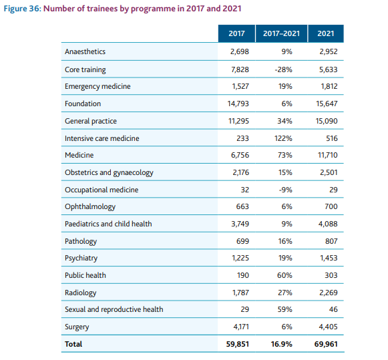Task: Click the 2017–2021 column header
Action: (x=282, y=33)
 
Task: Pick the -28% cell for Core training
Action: (x=285, y=69)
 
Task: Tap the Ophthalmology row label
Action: (x=89, y=206)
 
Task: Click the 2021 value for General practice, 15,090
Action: (x=326, y=121)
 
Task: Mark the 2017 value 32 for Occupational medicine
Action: (x=244, y=190)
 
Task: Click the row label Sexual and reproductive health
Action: (x=114, y=309)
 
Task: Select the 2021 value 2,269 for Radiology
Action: (x=328, y=292)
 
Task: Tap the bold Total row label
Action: (x=73, y=344)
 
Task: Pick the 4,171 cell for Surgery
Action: (x=240, y=327)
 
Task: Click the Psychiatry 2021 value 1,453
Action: (x=328, y=258)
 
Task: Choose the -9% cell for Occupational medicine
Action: (x=285, y=190)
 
